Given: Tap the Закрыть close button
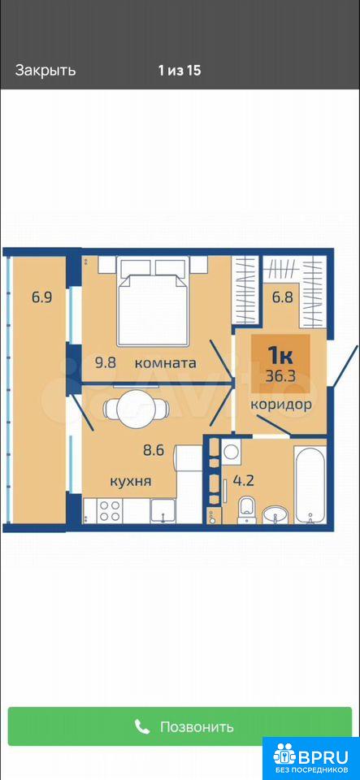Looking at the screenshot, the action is click(x=46, y=70).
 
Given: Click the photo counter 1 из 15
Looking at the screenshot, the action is click(x=180, y=70).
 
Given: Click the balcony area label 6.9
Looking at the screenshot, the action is click(x=41, y=297).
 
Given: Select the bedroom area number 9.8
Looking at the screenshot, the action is click(x=106, y=362).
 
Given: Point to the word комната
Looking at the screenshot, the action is click(x=166, y=363).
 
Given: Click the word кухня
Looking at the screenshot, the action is click(x=131, y=481).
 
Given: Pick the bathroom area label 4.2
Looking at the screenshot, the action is click(x=244, y=482).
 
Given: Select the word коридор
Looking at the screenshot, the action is click(x=281, y=404).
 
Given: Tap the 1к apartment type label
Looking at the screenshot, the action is click(x=281, y=355).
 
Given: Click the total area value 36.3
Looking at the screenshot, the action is click(x=280, y=375).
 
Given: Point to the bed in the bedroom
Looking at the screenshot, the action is click(x=153, y=303).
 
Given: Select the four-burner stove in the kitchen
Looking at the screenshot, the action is click(x=110, y=511).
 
